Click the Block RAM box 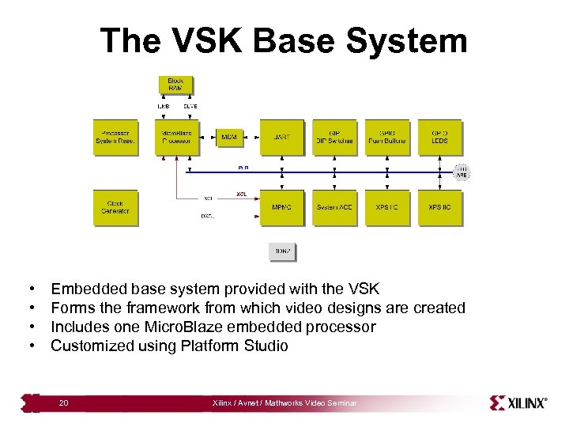click(175, 85)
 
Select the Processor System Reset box click(115, 138)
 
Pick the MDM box click(229, 138)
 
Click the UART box click(281, 138)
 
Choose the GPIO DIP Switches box click(334, 138)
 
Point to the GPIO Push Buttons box click(387, 138)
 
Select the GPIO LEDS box click(440, 138)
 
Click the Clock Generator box click(115, 207)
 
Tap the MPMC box click(281, 207)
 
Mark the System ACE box click(334, 207)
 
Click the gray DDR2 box click(282, 251)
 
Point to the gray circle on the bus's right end click(462, 171)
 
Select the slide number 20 click(63, 403)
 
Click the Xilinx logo click(518, 402)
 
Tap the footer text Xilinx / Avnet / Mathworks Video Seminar click(284, 403)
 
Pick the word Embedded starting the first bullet click(85, 289)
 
